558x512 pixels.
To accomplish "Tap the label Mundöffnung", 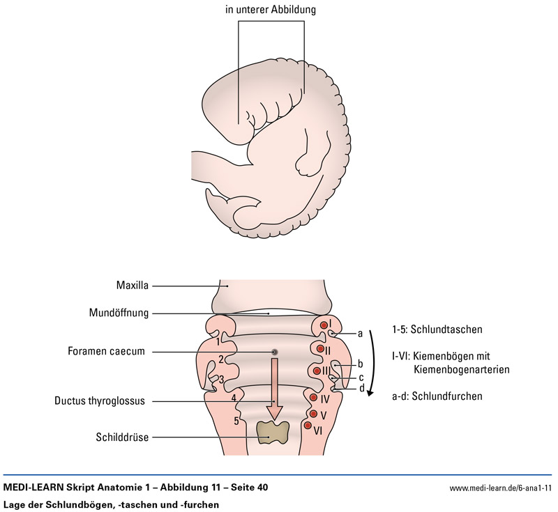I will [119, 313].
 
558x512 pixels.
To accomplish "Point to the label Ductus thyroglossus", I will [101, 401].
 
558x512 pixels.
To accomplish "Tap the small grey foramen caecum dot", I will [275, 352].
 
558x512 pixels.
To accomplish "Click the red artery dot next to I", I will [323, 325].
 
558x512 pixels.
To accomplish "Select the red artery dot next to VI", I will [308, 425].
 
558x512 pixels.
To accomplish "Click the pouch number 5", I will [236, 421].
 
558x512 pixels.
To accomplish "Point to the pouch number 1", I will [218, 341].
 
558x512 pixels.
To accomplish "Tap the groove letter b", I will [360, 364].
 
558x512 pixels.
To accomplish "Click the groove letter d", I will [361, 388].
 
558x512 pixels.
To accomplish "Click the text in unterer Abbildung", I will [271, 10].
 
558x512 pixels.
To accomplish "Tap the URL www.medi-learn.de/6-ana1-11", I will [500, 488].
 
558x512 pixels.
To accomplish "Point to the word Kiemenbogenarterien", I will [461, 369].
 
